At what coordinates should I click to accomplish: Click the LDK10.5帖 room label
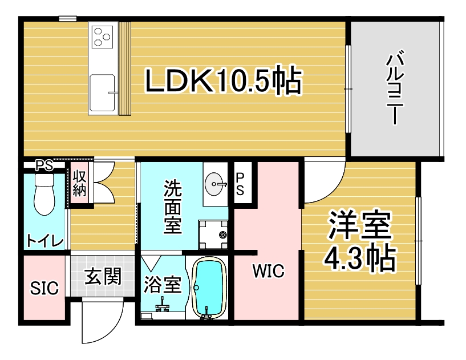(223, 80)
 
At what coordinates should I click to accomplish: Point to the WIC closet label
(268, 272)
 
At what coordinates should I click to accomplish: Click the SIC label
(44, 289)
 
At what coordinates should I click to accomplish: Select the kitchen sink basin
(103, 91)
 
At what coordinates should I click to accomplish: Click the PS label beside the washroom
(240, 184)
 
